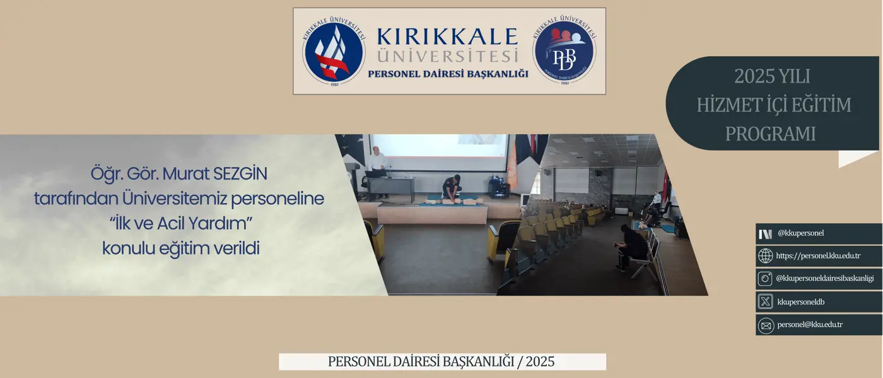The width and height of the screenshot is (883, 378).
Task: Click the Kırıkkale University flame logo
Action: coord(334,51)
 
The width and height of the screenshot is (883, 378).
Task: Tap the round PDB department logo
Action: coord(564,51)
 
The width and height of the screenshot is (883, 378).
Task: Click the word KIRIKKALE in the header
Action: coord(447,37)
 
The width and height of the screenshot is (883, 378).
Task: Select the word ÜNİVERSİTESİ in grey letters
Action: coord(447,56)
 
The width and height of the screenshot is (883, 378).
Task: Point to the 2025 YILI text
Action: coord(772,76)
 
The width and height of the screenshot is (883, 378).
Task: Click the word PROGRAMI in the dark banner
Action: coord(770,134)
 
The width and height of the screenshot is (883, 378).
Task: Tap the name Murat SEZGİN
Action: coord(215,174)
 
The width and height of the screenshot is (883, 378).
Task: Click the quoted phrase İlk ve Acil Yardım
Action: coord(181,224)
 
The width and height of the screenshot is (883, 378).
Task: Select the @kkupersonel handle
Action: coord(800,233)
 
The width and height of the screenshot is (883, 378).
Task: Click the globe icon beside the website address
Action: coord(765,256)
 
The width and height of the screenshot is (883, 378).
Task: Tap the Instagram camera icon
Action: coord(765,278)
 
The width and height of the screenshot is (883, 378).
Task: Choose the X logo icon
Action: coord(765,302)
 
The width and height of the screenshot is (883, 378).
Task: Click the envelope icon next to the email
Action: coord(766,326)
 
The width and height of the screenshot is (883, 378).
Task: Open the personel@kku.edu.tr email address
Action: coord(810,325)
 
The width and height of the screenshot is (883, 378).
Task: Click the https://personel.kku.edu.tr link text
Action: coord(818,256)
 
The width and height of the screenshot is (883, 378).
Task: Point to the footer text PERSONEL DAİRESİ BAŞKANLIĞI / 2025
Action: coord(441,362)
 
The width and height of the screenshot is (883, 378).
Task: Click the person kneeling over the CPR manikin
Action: coord(452,188)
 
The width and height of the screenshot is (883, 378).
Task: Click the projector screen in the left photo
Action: coord(439,152)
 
